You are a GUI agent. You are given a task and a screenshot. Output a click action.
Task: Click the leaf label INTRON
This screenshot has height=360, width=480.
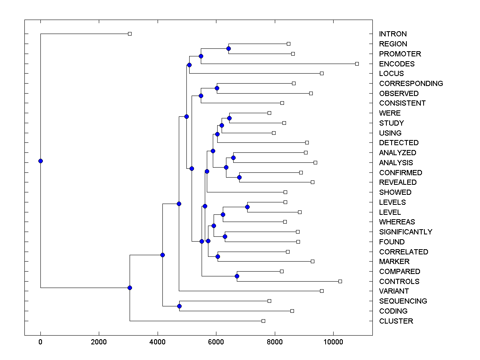[x=393, y=34]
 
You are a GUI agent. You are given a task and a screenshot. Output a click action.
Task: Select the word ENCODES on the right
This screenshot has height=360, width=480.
[x=397, y=64]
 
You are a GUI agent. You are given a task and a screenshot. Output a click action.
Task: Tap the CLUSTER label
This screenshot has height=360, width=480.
[x=396, y=321]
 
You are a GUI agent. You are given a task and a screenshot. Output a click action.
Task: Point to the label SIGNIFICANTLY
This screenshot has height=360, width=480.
[x=406, y=232]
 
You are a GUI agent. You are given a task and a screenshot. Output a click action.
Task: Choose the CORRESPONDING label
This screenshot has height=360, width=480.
[x=411, y=84]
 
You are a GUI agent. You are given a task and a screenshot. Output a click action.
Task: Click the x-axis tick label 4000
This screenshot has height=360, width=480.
[x=158, y=342]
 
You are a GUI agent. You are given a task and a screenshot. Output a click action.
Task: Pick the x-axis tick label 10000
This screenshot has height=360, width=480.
[x=333, y=342]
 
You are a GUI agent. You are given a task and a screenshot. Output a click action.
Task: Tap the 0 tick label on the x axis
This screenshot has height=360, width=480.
[x=40, y=342]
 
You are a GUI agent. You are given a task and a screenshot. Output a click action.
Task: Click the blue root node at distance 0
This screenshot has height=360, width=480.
[x=40, y=161]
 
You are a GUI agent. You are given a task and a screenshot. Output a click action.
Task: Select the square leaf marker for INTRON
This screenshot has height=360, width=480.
[x=130, y=34]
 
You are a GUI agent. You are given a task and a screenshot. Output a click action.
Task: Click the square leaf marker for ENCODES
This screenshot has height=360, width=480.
[x=357, y=64]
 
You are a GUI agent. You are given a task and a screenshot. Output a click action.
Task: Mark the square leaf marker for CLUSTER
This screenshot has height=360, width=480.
[x=263, y=321]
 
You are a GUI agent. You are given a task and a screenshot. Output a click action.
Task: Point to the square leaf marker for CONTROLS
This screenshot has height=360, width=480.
[x=340, y=281]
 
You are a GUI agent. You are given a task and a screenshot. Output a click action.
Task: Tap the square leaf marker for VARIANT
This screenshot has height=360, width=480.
[x=322, y=291]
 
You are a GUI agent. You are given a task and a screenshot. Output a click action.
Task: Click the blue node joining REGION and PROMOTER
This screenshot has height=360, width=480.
[x=228, y=49]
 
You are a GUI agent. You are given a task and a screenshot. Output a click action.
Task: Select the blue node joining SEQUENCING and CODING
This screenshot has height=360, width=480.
[x=179, y=306]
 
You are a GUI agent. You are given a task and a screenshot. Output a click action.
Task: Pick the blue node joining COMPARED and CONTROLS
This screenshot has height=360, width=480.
[x=237, y=276]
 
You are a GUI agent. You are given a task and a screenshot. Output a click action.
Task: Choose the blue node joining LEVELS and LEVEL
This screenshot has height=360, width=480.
[x=247, y=207]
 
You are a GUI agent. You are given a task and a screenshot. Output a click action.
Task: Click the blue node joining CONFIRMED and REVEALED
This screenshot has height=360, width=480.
[x=239, y=177]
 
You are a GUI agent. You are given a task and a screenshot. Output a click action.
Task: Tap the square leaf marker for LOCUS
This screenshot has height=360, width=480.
[x=322, y=73]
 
